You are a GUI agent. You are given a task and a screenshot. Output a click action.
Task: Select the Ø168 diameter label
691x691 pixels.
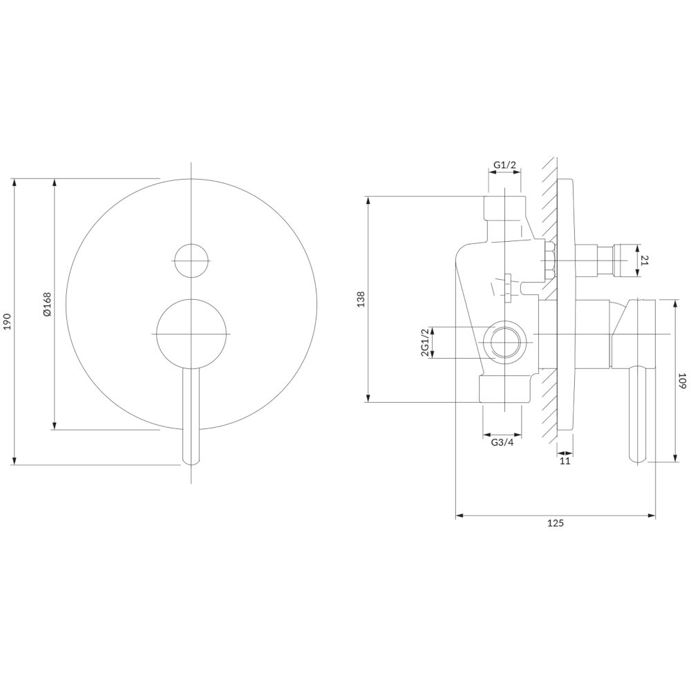pos(47,304)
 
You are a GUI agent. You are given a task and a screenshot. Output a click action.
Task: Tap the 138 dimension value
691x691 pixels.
pos(361,299)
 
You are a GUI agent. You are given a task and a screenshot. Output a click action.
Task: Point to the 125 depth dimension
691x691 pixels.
pos(556,524)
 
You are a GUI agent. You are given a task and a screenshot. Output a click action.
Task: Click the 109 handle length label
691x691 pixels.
pos(682,381)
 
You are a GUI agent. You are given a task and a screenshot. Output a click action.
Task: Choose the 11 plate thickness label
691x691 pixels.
pos(565,461)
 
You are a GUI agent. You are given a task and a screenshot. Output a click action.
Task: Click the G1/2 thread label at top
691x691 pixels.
pos(504,165)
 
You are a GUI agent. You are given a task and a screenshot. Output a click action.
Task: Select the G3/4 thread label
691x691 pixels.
pos(502,443)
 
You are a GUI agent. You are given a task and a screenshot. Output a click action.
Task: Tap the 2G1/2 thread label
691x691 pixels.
pos(425,343)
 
